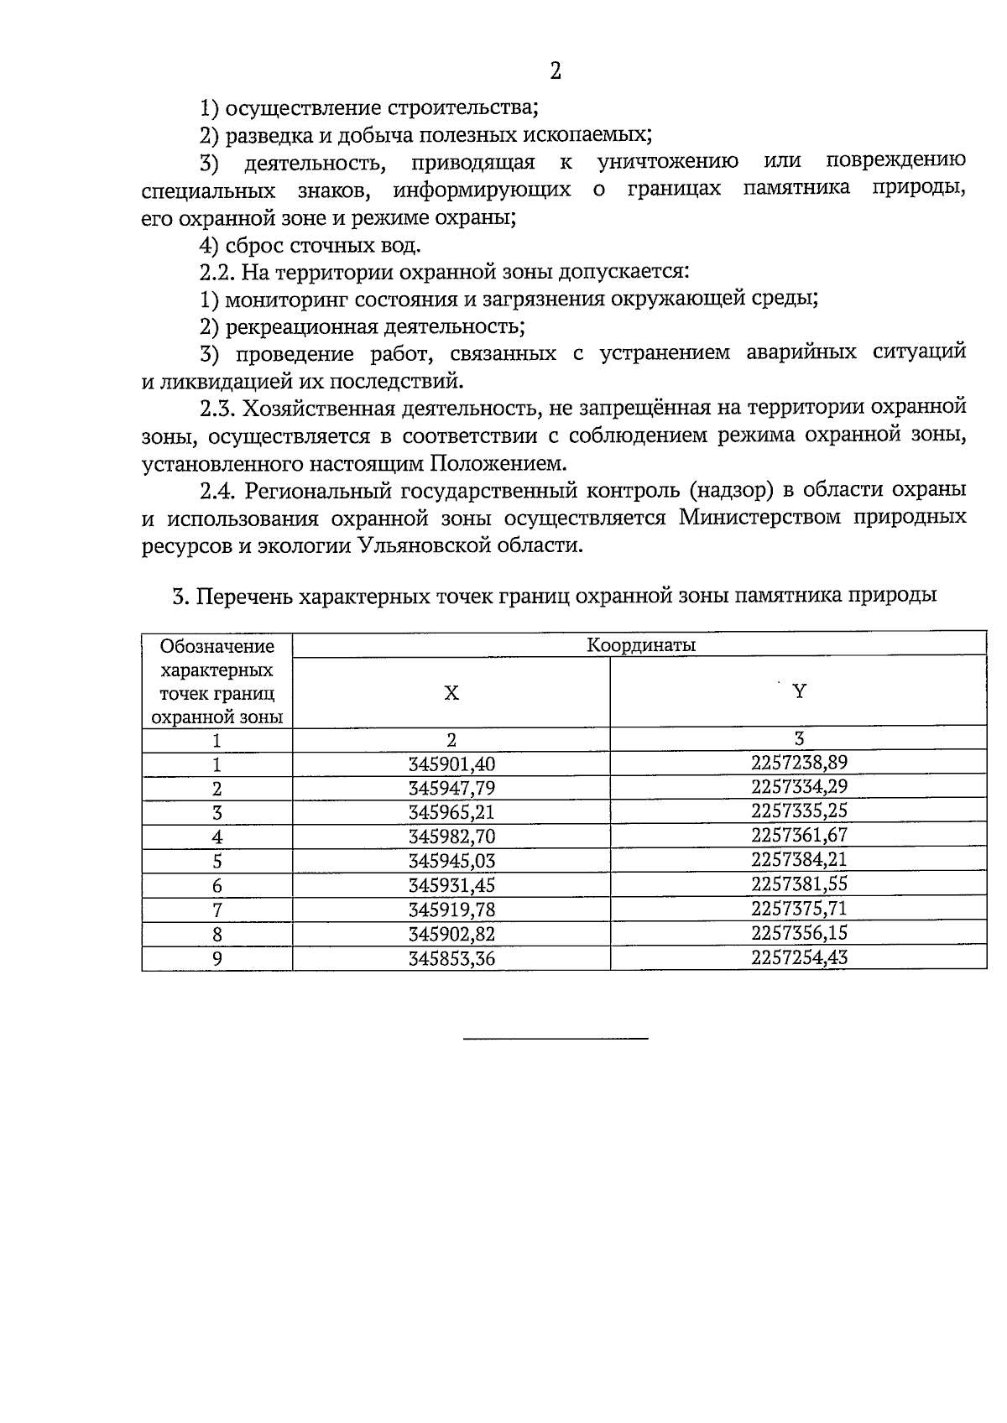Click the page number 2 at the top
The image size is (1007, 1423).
coord(555,71)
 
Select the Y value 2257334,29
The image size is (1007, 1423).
coord(799,786)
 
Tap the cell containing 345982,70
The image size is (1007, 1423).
coord(451,837)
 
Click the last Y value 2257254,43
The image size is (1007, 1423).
coord(799,957)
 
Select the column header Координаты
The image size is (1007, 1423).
coord(641,645)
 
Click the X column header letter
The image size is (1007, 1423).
coord(451,693)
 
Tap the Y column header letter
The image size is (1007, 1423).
coord(799,691)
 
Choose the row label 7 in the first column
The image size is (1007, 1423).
coord(217,910)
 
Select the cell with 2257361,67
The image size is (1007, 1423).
coord(799,835)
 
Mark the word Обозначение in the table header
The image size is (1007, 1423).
coord(217,646)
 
